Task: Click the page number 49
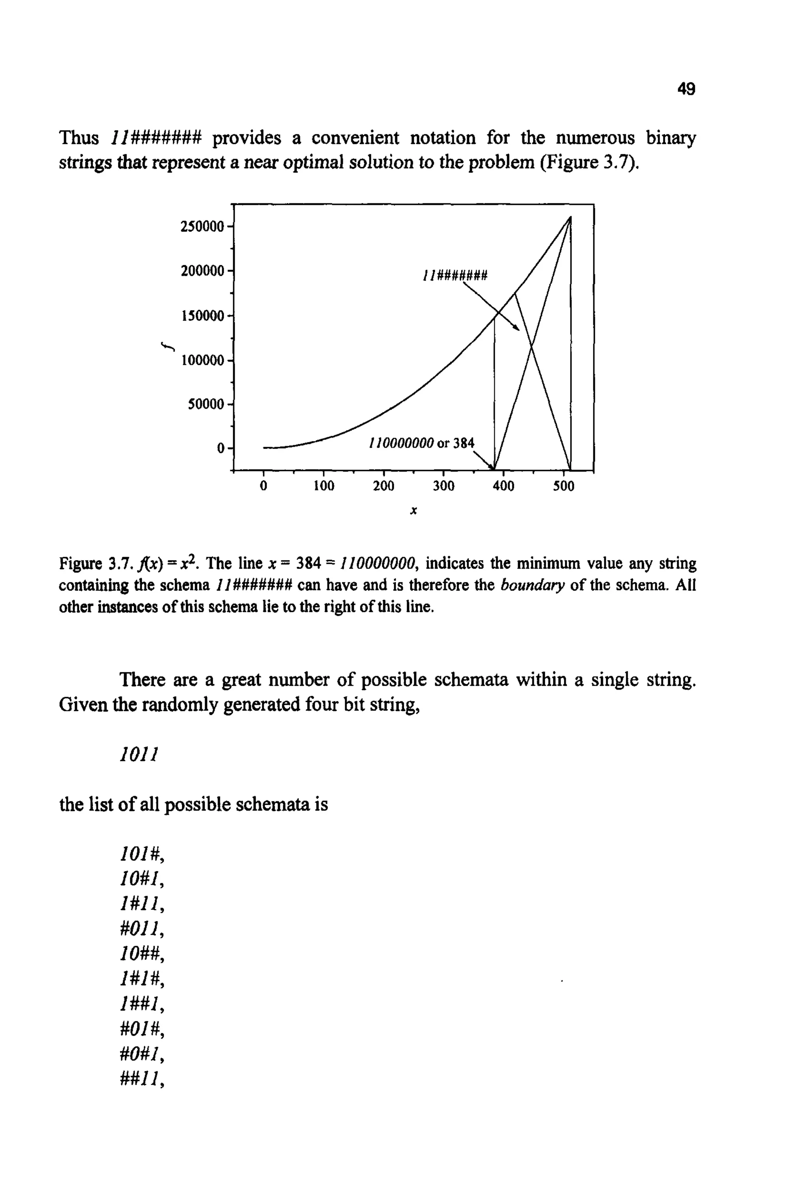[686, 89]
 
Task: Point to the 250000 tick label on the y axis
[202, 227]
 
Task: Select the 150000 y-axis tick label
[202, 316]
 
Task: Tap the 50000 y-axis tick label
[206, 405]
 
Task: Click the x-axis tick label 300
[443, 487]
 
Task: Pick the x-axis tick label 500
[563, 487]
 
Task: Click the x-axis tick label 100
[324, 487]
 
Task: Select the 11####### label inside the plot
[455, 276]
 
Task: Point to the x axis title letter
[413, 511]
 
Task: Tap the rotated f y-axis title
[168, 347]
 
